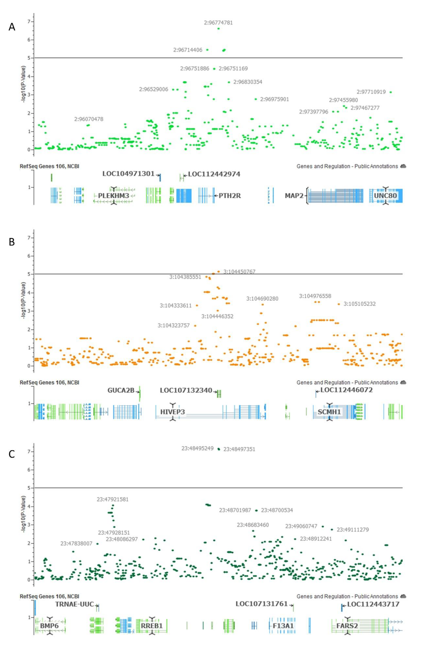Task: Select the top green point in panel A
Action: click(218, 28)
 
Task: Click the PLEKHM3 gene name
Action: click(114, 196)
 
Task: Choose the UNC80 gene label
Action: click(385, 196)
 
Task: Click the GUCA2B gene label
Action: click(121, 390)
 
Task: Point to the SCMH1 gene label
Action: click(329, 412)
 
